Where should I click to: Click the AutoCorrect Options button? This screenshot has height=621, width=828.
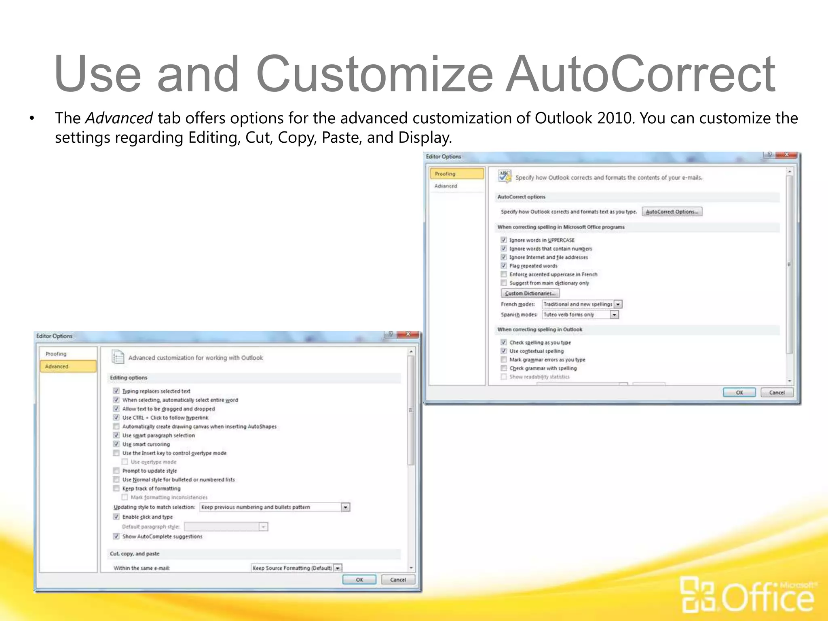pos(672,212)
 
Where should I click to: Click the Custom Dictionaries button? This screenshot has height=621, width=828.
pos(530,294)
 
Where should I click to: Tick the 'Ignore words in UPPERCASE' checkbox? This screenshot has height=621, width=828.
pos(504,240)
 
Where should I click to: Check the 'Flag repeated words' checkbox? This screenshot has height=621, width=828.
pos(504,266)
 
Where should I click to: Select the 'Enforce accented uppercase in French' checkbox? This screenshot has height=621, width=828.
pos(504,275)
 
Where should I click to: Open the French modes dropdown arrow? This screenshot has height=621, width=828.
pos(618,304)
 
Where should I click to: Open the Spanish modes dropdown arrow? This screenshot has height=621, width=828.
pos(614,315)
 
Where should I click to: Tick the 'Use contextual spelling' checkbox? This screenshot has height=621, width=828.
pos(504,351)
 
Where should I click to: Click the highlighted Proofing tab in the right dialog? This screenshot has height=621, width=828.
pos(456,174)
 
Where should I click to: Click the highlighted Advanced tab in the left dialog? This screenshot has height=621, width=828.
pos(68,366)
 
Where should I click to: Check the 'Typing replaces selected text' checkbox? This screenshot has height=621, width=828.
pos(116,391)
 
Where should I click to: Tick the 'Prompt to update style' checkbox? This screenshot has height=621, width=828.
pos(116,471)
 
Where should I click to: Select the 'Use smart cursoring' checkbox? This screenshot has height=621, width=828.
pos(116,444)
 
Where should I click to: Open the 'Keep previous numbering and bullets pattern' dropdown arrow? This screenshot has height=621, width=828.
pos(345,507)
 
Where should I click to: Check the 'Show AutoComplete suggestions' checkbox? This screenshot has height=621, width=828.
pos(116,537)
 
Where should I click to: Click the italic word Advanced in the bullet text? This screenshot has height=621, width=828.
pos(119,118)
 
